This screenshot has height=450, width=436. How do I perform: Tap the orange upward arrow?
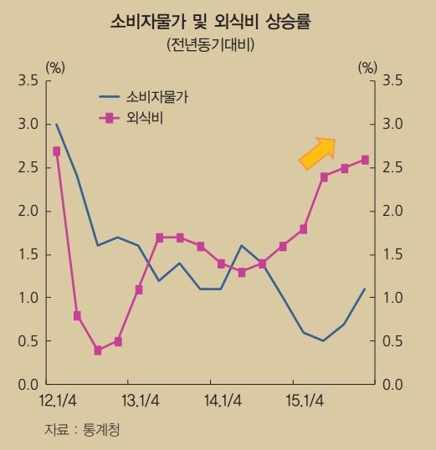(x=317, y=152)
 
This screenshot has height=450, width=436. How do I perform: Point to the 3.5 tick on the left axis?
(x=28, y=81)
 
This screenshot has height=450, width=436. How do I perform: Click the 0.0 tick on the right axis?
(x=392, y=385)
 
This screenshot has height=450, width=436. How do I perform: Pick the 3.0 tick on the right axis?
(x=392, y=125)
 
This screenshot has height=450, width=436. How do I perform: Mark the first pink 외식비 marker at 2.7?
(x=56, y=151)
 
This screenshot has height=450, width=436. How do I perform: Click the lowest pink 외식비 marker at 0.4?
(x=98, y=350)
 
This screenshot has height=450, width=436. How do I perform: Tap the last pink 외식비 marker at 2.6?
(x=366, y=159)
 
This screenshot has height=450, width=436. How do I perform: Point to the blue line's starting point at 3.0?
(x=56, y=125)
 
